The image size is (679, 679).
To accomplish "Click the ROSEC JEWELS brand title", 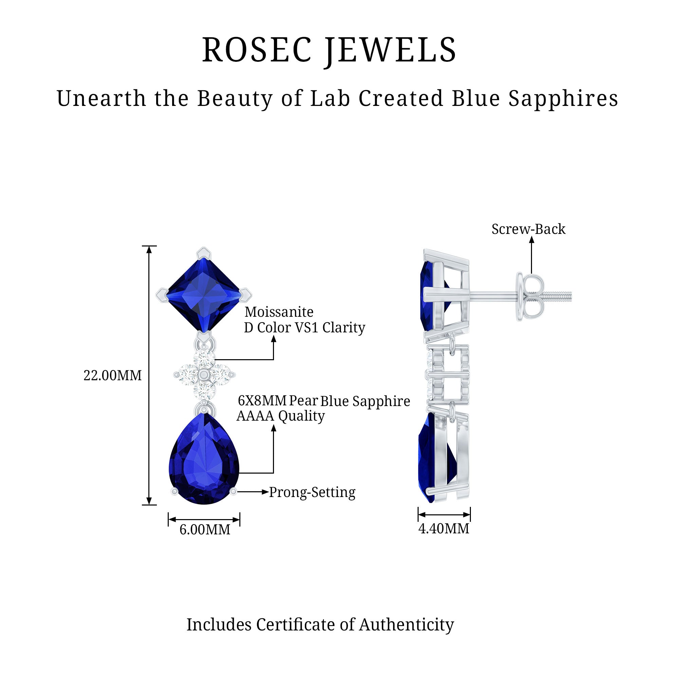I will click(x=329, y=50).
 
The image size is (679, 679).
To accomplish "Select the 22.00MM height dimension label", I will click(x=112, y=376).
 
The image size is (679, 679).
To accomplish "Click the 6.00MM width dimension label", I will click(x=205, y=530).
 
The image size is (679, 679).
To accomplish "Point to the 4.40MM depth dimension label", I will click(x=443, y=529).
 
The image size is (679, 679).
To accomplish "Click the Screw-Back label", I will click(x=528, y=229).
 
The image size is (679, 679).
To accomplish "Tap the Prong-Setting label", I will click(x=312, y=492).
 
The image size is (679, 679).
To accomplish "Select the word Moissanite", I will click(x=279, y=312).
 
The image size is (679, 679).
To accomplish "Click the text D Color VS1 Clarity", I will click(x=304, y=328).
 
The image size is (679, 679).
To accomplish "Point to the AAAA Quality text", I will click(x=280, y=416).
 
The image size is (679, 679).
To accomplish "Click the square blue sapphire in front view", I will click(x=204, y=294).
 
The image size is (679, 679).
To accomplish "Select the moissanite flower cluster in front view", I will click(x=204, y=375).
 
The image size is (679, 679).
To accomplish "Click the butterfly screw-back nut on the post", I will click(x=530, y=297).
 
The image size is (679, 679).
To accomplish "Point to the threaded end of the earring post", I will click(x=559, y=296).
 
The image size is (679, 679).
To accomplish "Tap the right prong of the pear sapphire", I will click(x=233, y=492).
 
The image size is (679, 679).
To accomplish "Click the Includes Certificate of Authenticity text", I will click(x=320, y=625).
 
